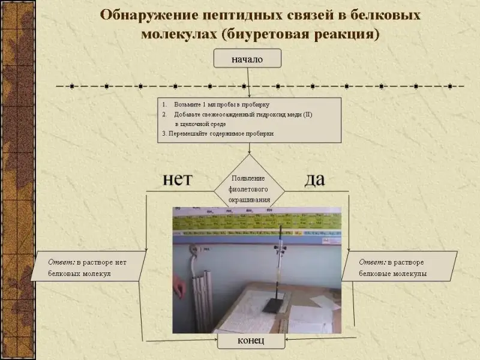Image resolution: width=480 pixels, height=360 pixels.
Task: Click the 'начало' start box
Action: click(247, 59)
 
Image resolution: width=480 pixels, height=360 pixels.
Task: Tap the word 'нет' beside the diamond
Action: click(178, 179)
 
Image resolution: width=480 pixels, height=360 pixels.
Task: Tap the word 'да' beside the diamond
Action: click(315, 179)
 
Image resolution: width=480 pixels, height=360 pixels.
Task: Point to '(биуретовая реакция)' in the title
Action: click(300, 34)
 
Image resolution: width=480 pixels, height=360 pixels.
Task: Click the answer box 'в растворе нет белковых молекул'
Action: click(90, 267)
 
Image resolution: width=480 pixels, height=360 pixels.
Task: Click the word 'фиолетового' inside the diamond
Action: click(248, 189)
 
